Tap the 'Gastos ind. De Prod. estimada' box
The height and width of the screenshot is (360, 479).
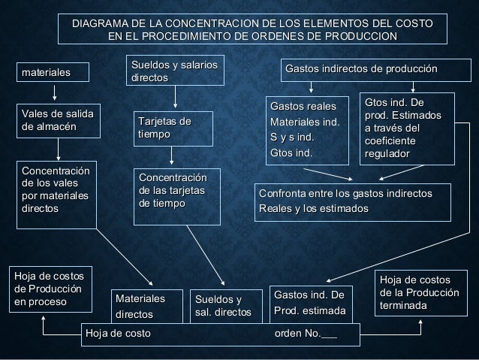point(309,303)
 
